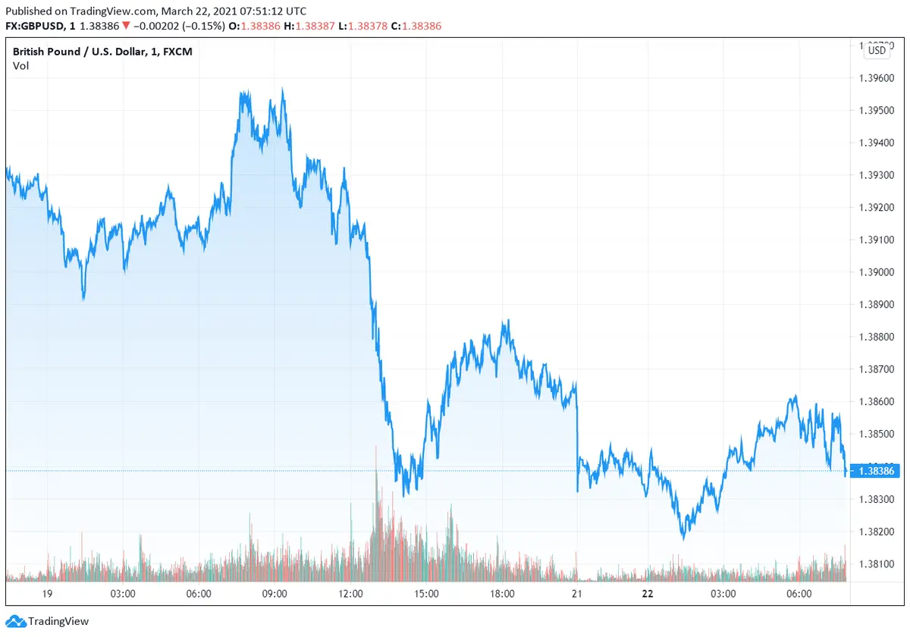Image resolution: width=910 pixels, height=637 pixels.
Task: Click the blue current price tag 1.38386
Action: (876, 472)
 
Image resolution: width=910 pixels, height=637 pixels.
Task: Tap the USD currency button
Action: (877, 51)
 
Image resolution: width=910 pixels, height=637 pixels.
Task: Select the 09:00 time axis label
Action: (274, 594)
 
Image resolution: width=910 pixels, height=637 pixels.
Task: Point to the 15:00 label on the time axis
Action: (426, 594)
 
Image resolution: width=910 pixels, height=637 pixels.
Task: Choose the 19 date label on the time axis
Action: (47, 594)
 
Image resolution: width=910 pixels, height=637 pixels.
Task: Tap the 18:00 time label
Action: (502, 594)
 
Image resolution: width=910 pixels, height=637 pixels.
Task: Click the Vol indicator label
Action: (20, 66)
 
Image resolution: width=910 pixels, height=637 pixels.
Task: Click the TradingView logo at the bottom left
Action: (49, 621)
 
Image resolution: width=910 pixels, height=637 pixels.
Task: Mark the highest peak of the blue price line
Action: (282, 89)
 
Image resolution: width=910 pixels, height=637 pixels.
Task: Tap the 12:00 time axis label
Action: (350, 594)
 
